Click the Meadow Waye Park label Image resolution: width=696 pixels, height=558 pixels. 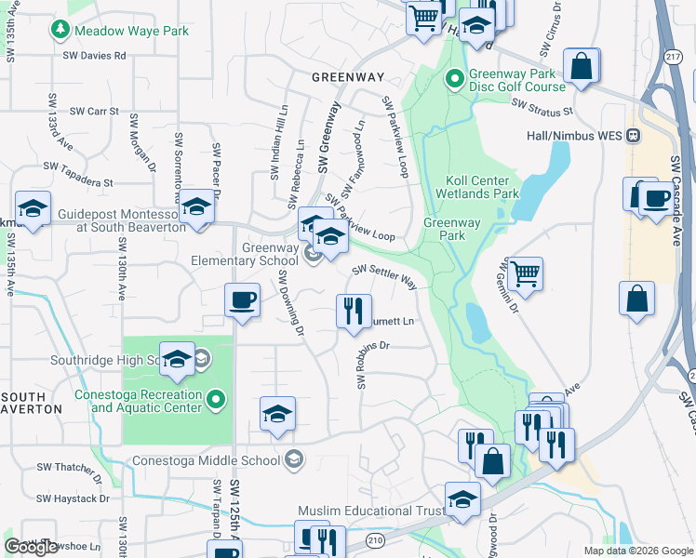[131, 31]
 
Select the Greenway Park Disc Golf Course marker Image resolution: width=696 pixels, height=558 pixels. [455, 78]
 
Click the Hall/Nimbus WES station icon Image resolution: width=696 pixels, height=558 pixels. [633, 135]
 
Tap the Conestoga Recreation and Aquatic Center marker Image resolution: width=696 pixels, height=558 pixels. [217, 401]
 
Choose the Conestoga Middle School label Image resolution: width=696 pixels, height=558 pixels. [207, 459]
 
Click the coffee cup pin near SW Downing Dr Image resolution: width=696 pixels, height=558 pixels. [243, 300]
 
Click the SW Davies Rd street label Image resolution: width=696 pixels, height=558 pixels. [94, 56]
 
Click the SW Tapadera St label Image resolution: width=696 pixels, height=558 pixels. [77, 170]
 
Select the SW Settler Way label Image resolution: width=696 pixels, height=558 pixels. [383, 276]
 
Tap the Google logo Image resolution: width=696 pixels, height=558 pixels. [32, 547]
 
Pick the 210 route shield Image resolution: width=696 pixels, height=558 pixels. [375, 539]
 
